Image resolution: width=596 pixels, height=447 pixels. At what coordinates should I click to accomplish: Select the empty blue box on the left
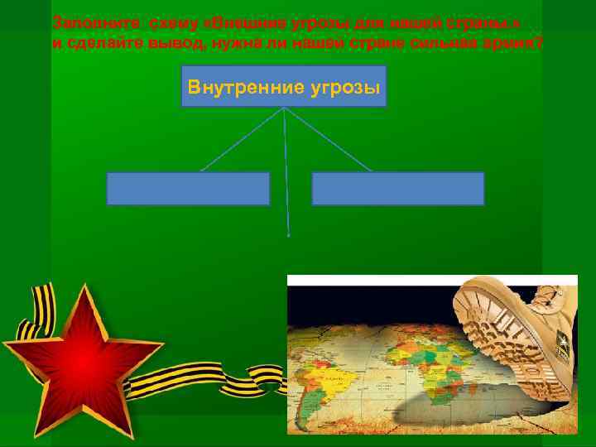(x=188, y=188)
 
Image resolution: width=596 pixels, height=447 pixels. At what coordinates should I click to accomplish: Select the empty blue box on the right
(x=397, y=188)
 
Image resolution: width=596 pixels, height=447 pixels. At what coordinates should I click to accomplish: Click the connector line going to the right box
(x=328, y=139)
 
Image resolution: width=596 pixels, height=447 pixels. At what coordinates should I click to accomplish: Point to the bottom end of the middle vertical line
(x=289, y=235)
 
